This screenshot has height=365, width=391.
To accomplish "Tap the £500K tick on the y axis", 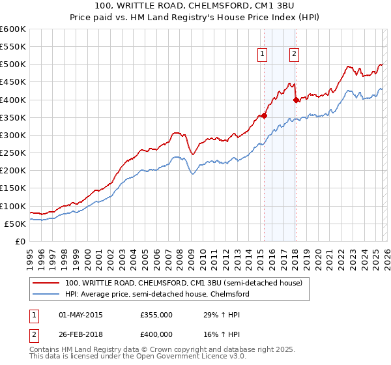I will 13,65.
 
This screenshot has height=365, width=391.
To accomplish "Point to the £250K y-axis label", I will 13,153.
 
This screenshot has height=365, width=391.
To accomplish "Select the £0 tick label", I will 20,242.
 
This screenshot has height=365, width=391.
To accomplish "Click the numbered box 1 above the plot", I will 262,54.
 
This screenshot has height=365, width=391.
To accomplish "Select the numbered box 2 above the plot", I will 295,54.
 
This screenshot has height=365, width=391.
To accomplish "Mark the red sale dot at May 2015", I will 264,115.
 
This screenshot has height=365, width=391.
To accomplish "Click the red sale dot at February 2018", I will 296,100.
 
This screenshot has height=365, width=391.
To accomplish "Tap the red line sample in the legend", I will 46,284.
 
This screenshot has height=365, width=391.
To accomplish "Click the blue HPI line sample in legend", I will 46,295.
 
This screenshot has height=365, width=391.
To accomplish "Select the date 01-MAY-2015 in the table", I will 81,315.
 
